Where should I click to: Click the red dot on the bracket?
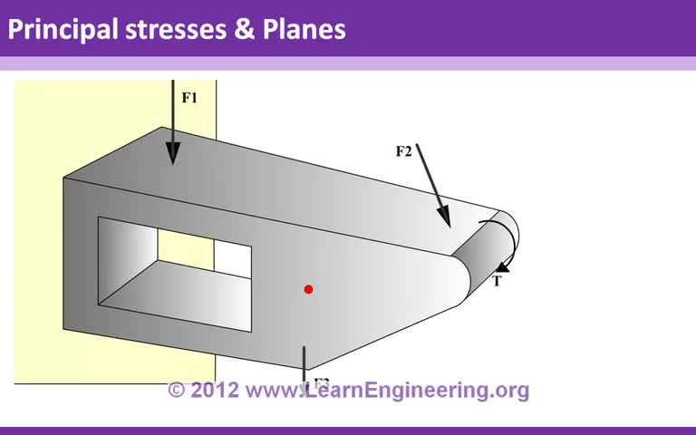click(x=308, y=289)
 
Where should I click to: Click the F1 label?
click(x=189, y=98)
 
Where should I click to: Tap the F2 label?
click(x=404, y=151)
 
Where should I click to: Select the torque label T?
click(x=497, y=281)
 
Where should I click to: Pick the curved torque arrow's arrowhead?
click(x=501, y=267)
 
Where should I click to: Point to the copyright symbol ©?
click(x=178, y=391)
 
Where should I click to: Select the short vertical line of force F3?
click(x=304, y=362)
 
